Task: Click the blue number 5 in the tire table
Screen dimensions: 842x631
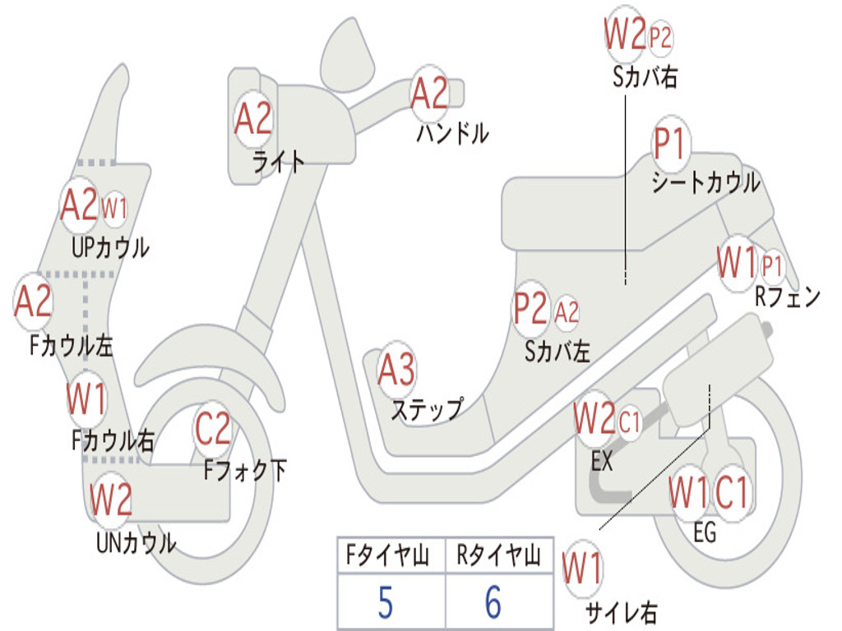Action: tap(385, 602)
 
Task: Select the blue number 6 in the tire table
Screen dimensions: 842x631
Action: tap(493, 602)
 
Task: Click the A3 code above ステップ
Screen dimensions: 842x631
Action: tap(396, 371)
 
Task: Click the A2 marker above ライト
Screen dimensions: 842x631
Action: tap(252, 120)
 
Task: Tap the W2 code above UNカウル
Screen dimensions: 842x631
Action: tap(111, 499)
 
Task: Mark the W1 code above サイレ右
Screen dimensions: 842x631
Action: tap(582, 569)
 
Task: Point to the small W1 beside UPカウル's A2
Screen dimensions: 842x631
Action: tap(114, 210)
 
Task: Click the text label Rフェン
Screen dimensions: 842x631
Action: tap(787, 297)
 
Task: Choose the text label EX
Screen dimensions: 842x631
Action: tap(602, 461)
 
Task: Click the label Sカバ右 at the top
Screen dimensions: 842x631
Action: tap(645, 77)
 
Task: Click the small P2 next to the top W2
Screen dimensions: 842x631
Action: tap(660, 37)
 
